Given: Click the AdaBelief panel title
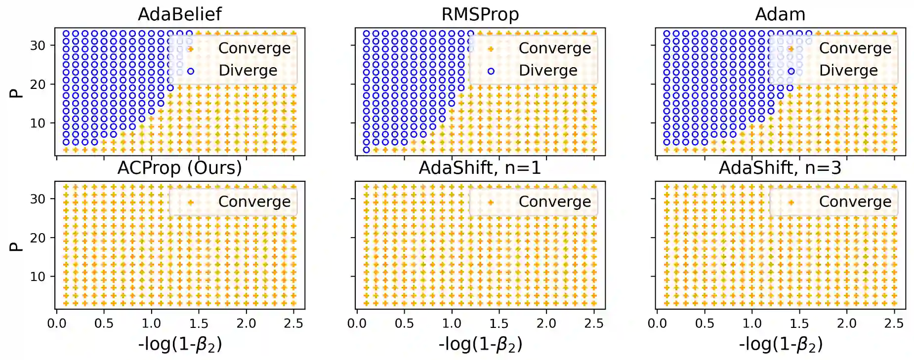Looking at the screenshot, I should (x=179, y=14).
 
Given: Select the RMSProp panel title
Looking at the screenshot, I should (x=480, y=14).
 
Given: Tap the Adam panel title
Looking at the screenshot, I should (x=780, y=14).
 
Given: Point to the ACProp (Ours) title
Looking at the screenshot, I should (x=179, y=168).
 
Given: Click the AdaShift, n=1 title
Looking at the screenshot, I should (x=480, y=168).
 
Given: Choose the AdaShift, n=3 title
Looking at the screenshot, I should (x=780, y=168).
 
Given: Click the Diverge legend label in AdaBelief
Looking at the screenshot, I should (x=248, y=71).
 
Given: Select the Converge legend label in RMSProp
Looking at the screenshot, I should (x=554, y=48).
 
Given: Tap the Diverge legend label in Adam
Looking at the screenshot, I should (x=848, y=71).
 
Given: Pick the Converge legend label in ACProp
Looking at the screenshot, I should (x=254, y=201).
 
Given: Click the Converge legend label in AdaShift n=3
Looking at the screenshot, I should (x=855, y=201).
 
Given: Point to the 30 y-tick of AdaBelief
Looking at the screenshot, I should (x=38, y=45).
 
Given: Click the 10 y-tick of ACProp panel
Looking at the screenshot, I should (x=38, y=277).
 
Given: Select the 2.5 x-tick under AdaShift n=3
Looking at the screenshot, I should (x=894, y=323).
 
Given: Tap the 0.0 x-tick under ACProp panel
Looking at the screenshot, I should (x=57, y=323).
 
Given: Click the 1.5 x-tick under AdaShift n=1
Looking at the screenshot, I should (x=499, y=323).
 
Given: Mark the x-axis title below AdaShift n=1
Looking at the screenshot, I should (x=480, y=344).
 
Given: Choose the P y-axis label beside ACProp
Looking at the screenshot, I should (x=16, y=246).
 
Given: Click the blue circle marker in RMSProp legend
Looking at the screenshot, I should (x=491, y=71).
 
